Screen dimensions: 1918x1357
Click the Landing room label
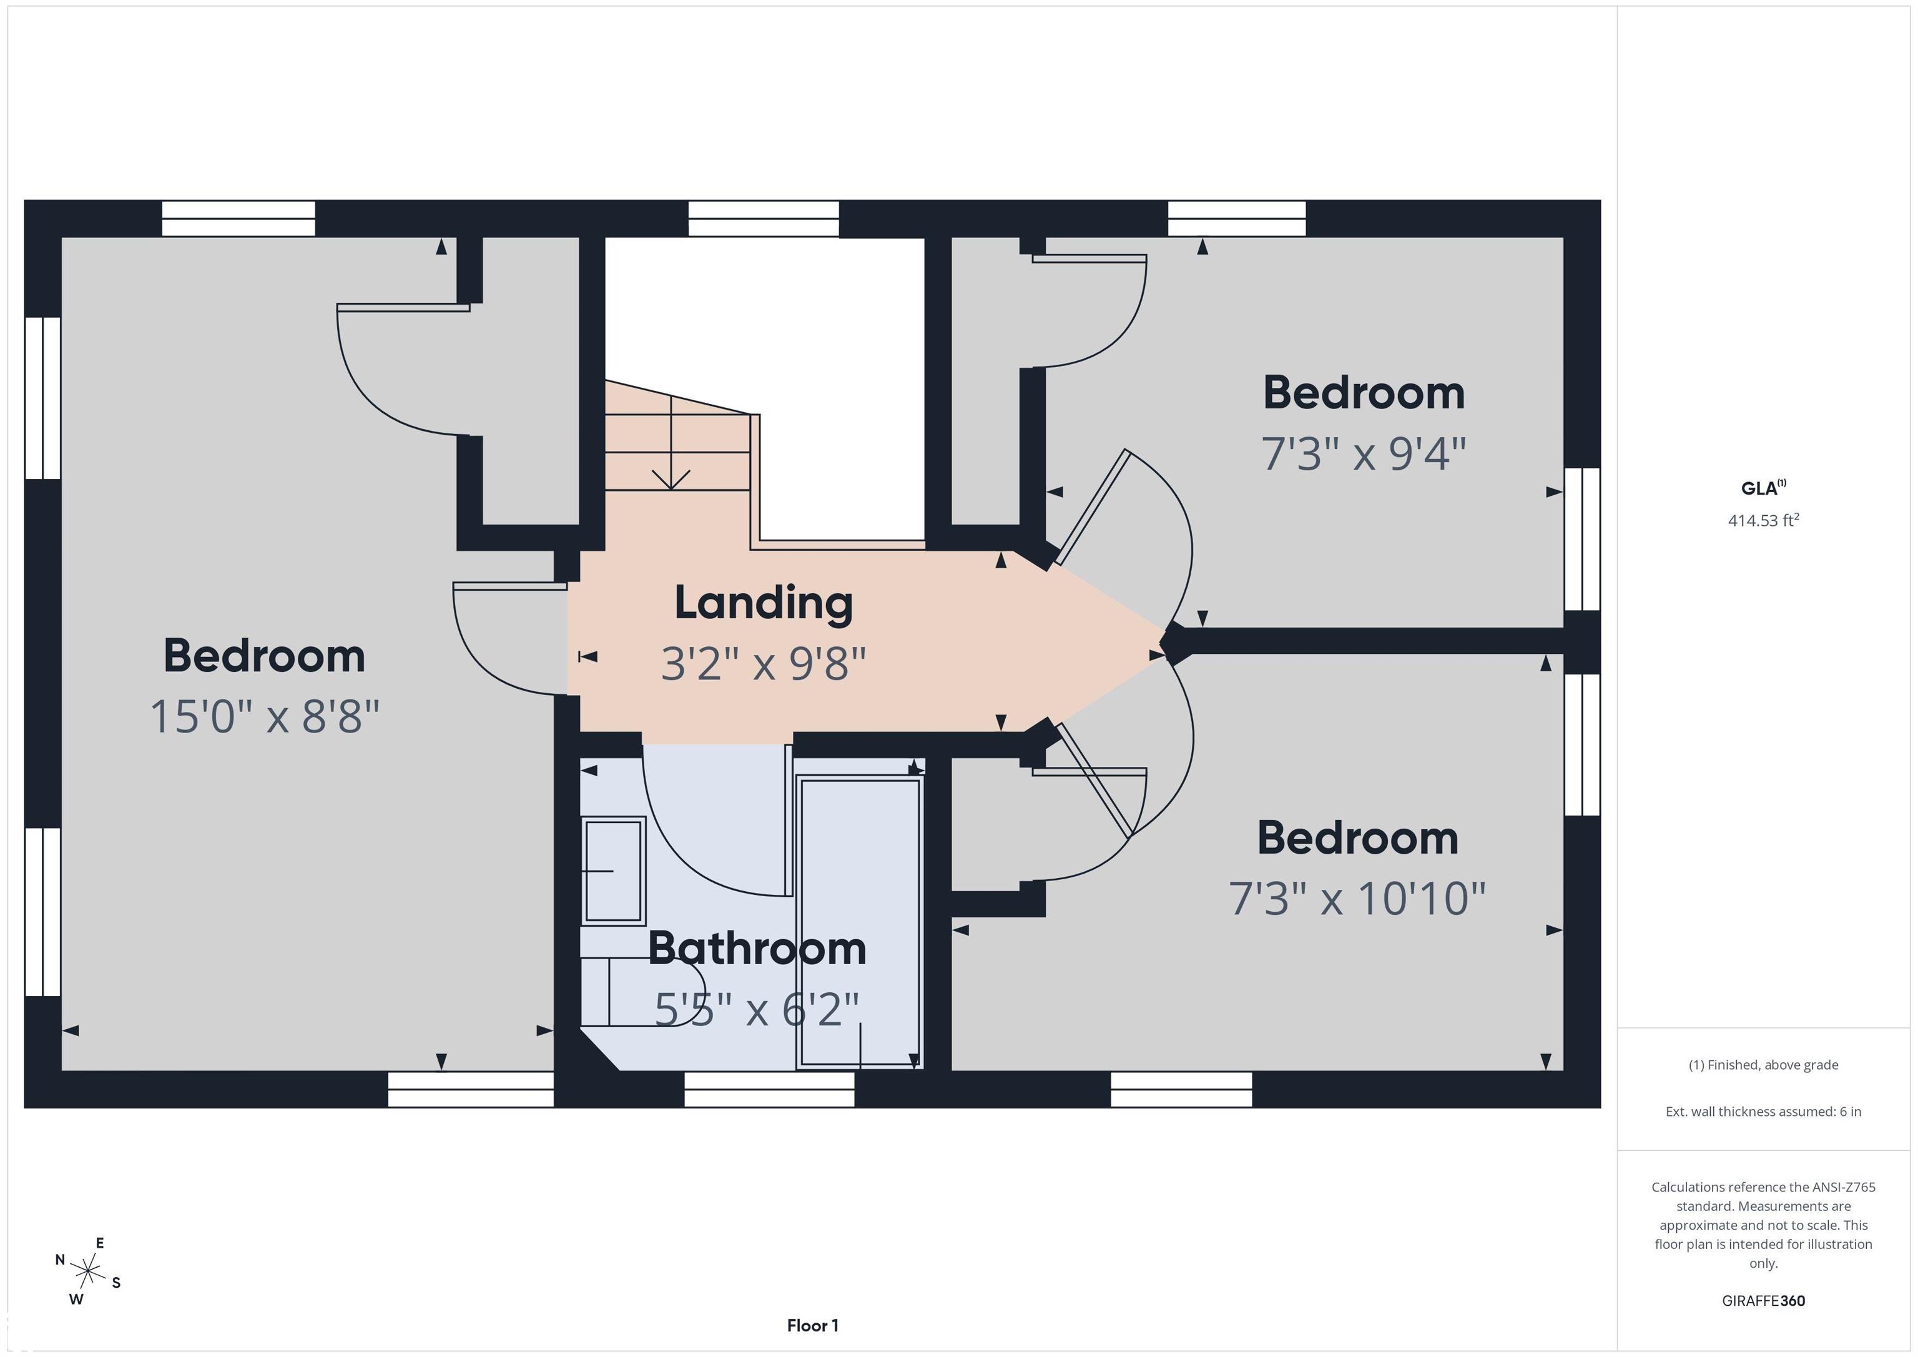(x=764, y=603)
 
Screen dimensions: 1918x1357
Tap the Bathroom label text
(x=757, y=949)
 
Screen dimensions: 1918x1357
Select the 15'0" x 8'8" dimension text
(x=265, y=717)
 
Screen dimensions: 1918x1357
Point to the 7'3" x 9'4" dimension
(x=1364, y=454)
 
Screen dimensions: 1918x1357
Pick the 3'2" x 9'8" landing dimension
(x=764, y=663)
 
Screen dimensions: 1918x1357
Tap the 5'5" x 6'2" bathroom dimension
(x=757, y=1009)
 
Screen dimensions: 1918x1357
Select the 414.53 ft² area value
(x=1763, y=520)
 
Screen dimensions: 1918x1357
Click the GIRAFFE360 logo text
(x=1763, y=1300)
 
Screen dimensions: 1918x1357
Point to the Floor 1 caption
(x=812, y=1325)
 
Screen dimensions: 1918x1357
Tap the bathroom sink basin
(x=613, y=871)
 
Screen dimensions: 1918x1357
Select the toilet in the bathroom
(x=643, y=992)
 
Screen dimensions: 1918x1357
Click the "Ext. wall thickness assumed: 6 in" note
(x=1763, y=1112)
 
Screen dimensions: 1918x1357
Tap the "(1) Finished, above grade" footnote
(x=1763, y=1065)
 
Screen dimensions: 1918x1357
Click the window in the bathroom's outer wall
(x=769, y=1090)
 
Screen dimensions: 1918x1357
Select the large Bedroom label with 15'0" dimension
(x=264, y=656)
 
